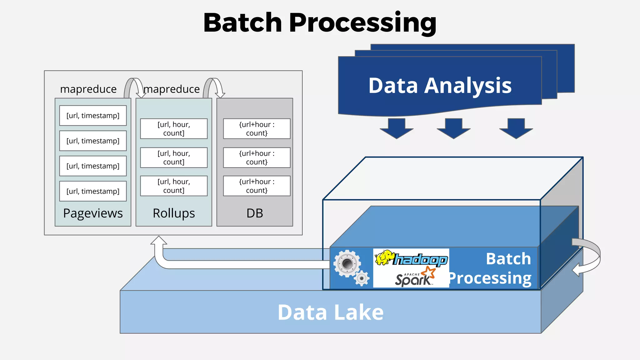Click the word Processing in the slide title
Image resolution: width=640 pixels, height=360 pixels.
point(362,23)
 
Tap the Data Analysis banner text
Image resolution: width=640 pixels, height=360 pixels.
point(440,86)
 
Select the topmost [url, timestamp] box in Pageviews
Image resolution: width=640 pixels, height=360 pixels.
point(93,116)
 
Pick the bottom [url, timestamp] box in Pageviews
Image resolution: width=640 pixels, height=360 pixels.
point(93,191)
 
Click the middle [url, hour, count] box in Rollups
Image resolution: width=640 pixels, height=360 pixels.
point(174,157)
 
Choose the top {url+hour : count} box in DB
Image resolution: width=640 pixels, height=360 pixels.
point(257,129)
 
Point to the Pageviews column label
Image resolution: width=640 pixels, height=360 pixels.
point(93,213)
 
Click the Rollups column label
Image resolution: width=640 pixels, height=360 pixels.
point(174,213)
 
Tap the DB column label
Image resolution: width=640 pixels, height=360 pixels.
point(255,213)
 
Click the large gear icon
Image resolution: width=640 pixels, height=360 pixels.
point(347,263)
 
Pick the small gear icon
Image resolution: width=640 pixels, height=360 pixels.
point(362,278)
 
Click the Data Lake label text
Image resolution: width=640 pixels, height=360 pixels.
point(330,312)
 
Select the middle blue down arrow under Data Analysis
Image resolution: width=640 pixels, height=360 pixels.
point(453,128)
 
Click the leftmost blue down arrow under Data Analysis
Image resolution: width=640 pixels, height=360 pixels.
point(397,128)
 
